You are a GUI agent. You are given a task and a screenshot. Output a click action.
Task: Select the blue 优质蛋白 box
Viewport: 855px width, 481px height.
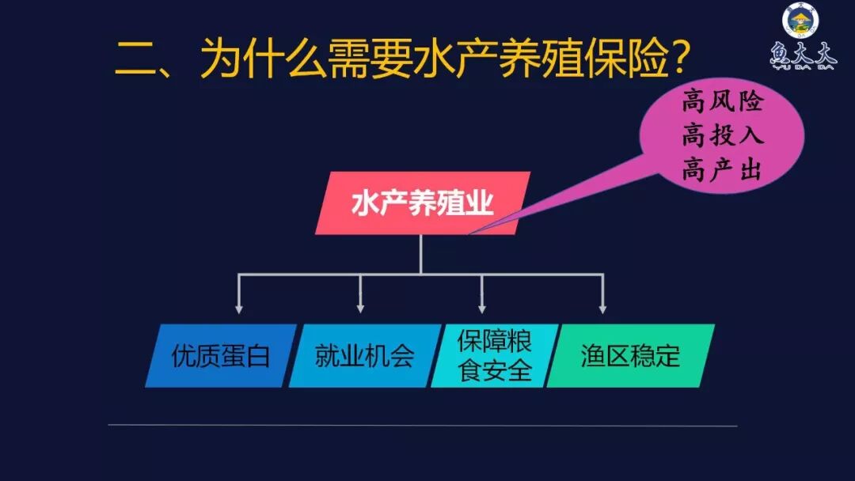click(221, 356)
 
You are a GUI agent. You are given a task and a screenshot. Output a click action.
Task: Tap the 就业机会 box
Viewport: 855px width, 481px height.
click(365, 356)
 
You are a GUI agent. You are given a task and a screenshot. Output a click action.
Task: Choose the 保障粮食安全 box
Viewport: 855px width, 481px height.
click(495, 356)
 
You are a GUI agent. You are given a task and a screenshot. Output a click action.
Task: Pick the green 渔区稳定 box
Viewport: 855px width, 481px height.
click(630, 356)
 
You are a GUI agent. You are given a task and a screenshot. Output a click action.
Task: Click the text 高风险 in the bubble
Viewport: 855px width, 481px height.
click(722, 100)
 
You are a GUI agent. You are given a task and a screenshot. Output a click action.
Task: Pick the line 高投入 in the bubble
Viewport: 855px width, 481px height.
click(722, 135)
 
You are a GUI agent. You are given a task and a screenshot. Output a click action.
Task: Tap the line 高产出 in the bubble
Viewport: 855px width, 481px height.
click(722, 170)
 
